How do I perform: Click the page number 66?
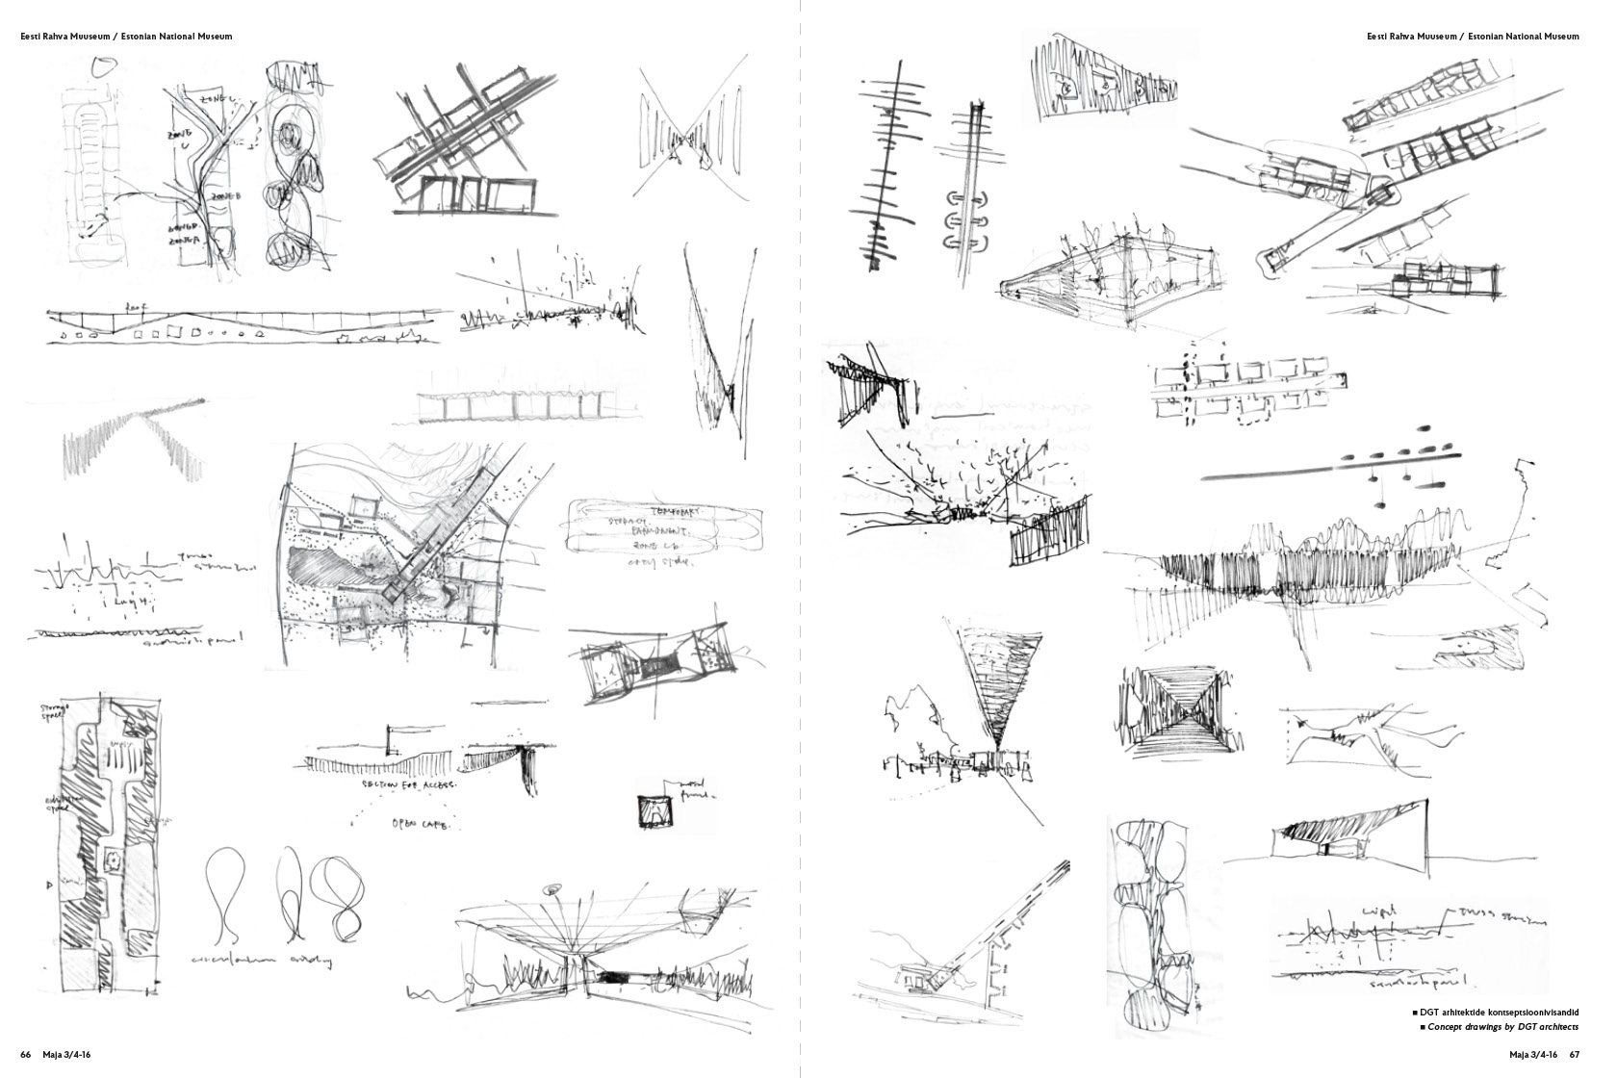pos(26,1056)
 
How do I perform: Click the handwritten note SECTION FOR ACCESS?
pos(409,784)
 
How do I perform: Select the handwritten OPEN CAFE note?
pos(423,824)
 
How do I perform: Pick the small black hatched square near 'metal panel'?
pos(653,810)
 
